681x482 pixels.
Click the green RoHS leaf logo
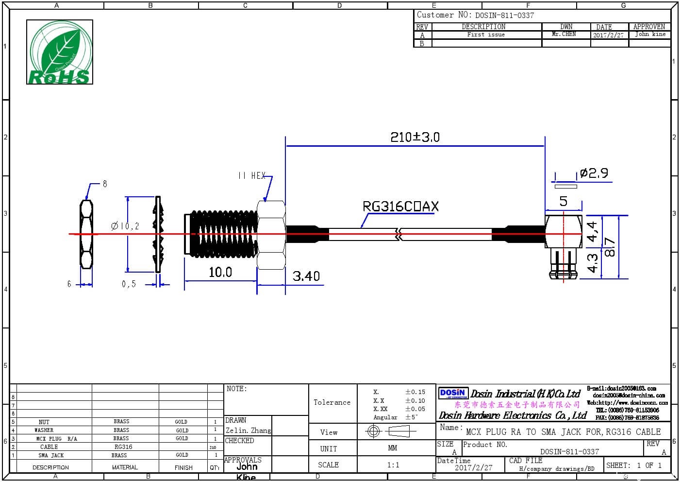click(60, 52)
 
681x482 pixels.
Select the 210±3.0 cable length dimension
click(415, 137)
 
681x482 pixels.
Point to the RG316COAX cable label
click(400, 207)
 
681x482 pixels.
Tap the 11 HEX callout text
click(252, 175)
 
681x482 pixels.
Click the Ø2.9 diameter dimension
click(594, 173)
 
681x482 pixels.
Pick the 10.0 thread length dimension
click(220, 272)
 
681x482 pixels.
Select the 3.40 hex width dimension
click(306, 276)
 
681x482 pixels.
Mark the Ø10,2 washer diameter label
click(125, 226)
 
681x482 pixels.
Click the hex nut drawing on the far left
click(86, 234)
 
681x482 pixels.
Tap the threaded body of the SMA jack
click(222, 234)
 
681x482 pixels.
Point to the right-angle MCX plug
click(563, 245)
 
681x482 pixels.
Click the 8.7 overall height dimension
click(610, 247)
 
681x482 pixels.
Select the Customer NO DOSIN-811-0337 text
click(475, 15)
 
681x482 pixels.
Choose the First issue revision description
click(486, 34)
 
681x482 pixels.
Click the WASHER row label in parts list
click(44, 430)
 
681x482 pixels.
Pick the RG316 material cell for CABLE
click(123, 447)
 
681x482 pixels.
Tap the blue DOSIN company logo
click(452, 393)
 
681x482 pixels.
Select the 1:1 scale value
click(393, 465)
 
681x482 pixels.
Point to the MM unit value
click(392, 448)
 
